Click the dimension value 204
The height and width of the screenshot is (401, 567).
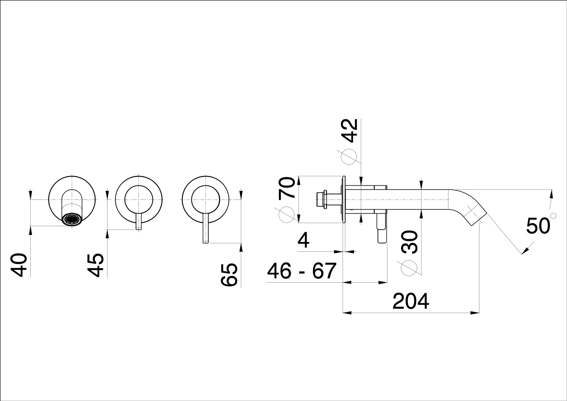click(x=411, y=301)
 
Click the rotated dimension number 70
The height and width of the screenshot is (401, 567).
click(x=287, y=188)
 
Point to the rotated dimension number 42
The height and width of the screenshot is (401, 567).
click(x=350, y=131)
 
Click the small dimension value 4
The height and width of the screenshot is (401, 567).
click(x=304, y=241)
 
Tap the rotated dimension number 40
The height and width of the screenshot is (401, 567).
click(x=19, y=265)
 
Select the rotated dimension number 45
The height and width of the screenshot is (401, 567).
click(x=96, y=265)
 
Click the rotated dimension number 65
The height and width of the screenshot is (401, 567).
click(x=229, y=275)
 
